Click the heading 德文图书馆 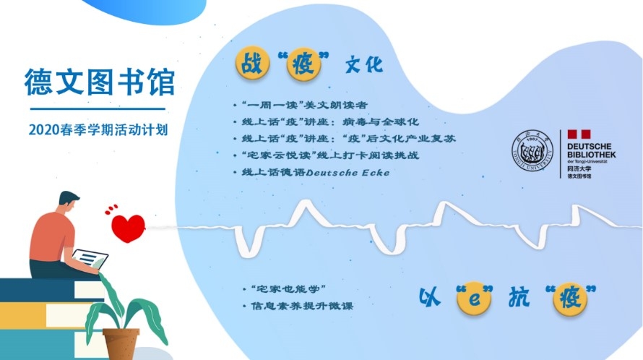(x=100, y=82)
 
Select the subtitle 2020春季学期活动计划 (x=98, y=129)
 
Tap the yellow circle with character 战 (x=252, y=64)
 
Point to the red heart (x=128, y=228)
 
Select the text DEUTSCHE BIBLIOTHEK (x=591, y=150)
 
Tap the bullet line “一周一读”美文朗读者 (x=304, y=105)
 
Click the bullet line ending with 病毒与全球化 (x=330, y=122)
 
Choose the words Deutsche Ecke (x=348, y=173)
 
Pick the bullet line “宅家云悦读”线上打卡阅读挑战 (x=330, y=155)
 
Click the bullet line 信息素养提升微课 (x=302, y=306)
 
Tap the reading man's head (x=68, y=202)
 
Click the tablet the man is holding (x=90, y=259)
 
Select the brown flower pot (x=121, y=344)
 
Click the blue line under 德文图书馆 (x=98, y=108)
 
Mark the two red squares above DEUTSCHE (x=579, y=134)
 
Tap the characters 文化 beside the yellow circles (x=363, y=64)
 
